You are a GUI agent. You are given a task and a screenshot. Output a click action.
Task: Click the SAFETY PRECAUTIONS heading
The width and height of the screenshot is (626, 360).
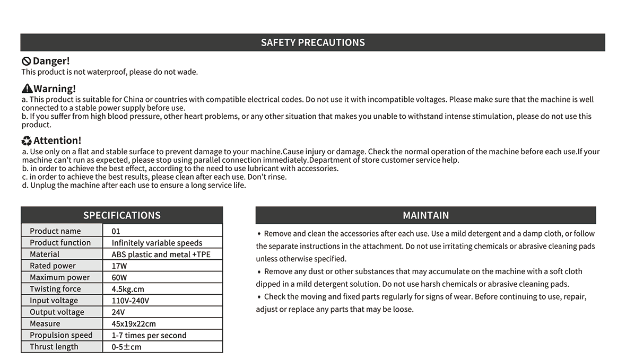point(312,42)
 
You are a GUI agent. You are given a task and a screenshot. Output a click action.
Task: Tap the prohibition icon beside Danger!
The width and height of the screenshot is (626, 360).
point(26,62)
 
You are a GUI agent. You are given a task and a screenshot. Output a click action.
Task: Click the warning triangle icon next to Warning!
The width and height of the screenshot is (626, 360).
point(27,89)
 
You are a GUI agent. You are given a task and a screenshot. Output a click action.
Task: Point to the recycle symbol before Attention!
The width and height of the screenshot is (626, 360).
point(27,141)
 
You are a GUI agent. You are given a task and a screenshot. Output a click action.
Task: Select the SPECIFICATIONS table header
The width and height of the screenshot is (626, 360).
point(121,215)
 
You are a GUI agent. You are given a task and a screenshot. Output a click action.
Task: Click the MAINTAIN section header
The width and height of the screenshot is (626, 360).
point(425,215)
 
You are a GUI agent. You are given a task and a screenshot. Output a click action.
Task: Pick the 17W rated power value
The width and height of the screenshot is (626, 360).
point(119,266)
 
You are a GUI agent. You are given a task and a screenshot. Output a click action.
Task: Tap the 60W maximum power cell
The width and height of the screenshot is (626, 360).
point(119,277)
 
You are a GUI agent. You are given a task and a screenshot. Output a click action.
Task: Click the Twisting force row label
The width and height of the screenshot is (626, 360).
point(55,289)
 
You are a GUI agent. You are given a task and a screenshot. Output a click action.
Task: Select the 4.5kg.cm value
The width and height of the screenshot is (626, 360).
point(128,289)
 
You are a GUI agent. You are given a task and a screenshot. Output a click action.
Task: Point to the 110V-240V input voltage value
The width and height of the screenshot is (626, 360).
point(131,301)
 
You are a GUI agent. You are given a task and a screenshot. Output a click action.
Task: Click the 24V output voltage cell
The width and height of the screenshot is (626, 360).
point(118,312)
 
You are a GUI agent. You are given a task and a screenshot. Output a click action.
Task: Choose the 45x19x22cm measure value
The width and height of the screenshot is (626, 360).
point(134,323)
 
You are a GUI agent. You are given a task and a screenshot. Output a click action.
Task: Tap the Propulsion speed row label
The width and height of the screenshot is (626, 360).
point(61,335)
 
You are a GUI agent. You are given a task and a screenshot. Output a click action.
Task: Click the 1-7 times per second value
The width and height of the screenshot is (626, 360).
point(149,335)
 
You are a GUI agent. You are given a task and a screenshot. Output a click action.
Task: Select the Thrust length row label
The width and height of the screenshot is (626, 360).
point(54,347)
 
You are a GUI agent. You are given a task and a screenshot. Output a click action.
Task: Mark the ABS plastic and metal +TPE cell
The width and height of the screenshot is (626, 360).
point(161,254)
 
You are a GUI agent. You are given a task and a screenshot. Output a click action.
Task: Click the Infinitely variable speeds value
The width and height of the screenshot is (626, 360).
point(157,243)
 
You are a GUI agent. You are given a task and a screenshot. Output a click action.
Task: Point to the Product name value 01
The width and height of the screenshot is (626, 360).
point(116,231)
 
